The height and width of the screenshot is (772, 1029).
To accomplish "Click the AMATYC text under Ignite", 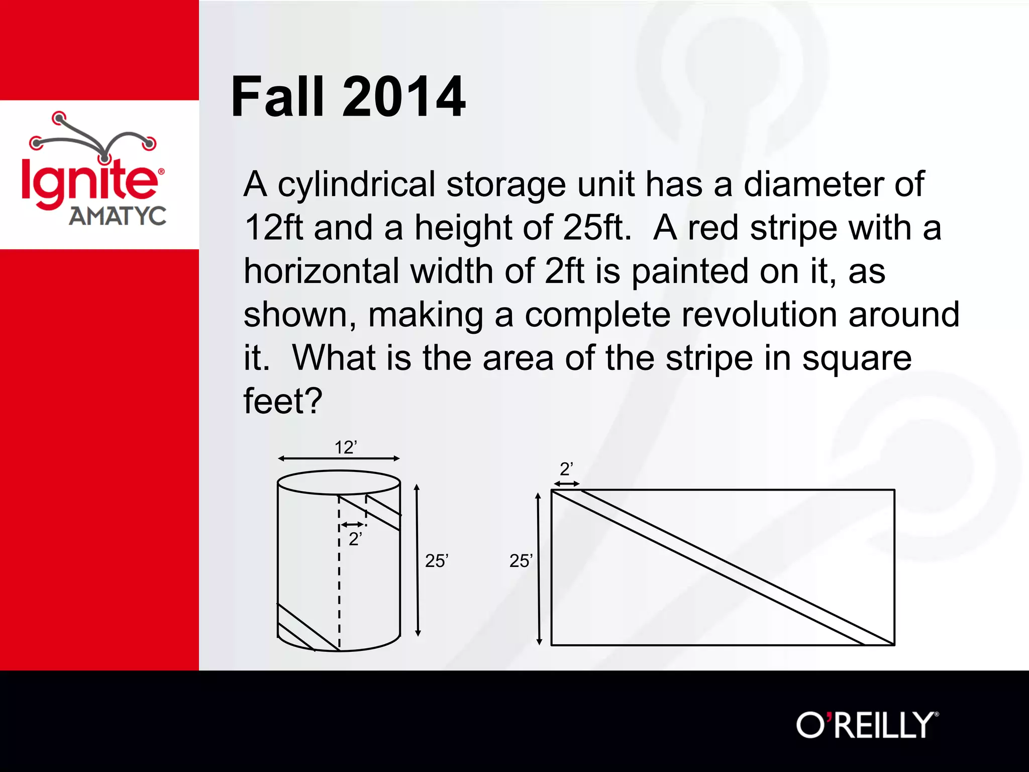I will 117,216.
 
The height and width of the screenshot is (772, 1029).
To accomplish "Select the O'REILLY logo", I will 867,725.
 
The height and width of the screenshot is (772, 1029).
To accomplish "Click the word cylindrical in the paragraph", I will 356,184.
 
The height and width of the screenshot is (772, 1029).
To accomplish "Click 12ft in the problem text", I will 274,228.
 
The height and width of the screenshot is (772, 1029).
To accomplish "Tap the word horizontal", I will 322,271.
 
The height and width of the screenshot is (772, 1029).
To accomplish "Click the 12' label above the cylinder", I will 346,447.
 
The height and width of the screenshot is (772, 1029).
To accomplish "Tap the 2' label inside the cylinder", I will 355,539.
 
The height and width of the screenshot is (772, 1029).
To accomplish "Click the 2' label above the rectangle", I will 566,469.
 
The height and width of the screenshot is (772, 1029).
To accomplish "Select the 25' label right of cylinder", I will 436,561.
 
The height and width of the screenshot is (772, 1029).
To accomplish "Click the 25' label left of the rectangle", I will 521,561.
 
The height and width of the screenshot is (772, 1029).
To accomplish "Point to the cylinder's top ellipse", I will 339,482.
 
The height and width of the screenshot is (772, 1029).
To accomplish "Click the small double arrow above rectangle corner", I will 566,484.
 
